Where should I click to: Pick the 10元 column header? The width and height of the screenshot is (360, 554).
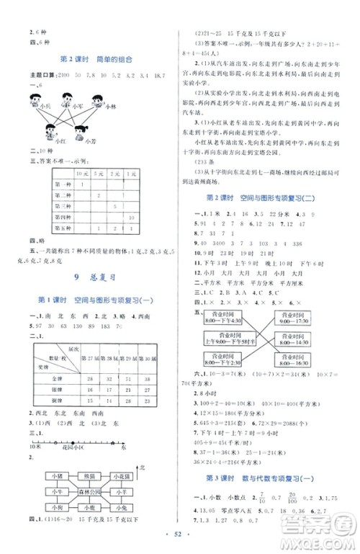85,174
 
